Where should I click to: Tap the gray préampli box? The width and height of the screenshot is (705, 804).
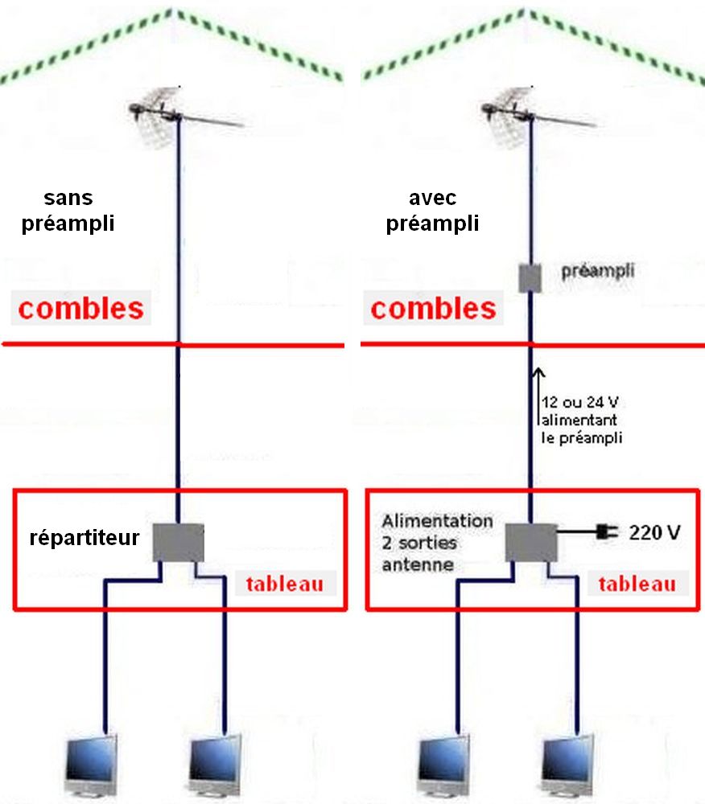pyautogui.click(x=530, y=278)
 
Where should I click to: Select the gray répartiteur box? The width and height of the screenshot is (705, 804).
pyautogui.click(x=179, y=543)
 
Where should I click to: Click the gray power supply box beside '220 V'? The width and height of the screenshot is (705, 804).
pyautogui.click(x=531, y=543)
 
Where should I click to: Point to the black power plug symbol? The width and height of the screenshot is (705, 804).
pyautogui.click(x=607, y=531)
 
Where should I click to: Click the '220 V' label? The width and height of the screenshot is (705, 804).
pyautogui.click(x=655, y=533)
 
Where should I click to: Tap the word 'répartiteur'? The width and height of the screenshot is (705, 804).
pyautogui.click(x=85, y=538)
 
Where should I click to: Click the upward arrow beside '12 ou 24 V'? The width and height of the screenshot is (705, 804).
pyautogui.click(x=538, y=396)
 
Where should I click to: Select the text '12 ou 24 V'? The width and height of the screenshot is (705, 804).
pyautogui.click(x=579, y=402)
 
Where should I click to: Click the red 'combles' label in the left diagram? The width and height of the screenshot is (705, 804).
pyautogui.click(x=81, y=308)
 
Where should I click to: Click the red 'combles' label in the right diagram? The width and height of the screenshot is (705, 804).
pyautogui.click(x=434, y=308)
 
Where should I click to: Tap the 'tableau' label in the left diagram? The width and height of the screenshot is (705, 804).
pyautogui.click(x=285, y=584)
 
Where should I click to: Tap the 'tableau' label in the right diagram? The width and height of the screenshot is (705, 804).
pyautogui.click(x=637, y=584)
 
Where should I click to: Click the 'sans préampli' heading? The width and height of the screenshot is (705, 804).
pyautogui.click(x=68, y=210)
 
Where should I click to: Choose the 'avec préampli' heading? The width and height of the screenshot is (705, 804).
pyautogui.click(x=432, y=210)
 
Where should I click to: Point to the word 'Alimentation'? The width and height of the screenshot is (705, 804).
pyautogui.click(x=437, y=521)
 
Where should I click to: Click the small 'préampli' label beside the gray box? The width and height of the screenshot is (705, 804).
pyautogui.click(x=598, y=271)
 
